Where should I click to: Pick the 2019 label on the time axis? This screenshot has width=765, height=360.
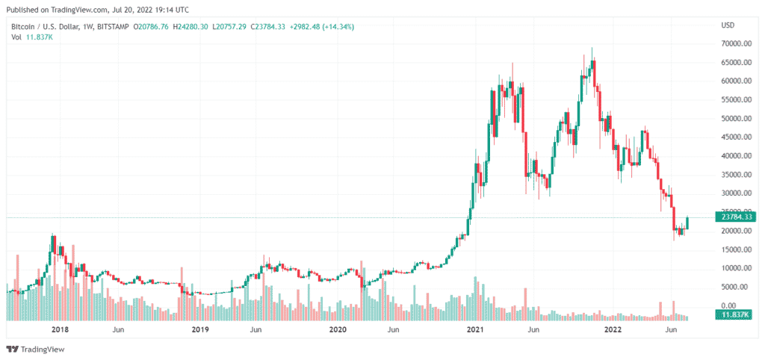[199, 329]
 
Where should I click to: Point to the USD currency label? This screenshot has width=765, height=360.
[728, 25]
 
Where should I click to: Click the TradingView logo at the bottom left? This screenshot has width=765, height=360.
[35, 349]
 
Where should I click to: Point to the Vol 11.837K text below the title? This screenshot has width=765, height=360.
[31, 37]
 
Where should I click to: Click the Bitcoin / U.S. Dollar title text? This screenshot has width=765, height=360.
[41, 27]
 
